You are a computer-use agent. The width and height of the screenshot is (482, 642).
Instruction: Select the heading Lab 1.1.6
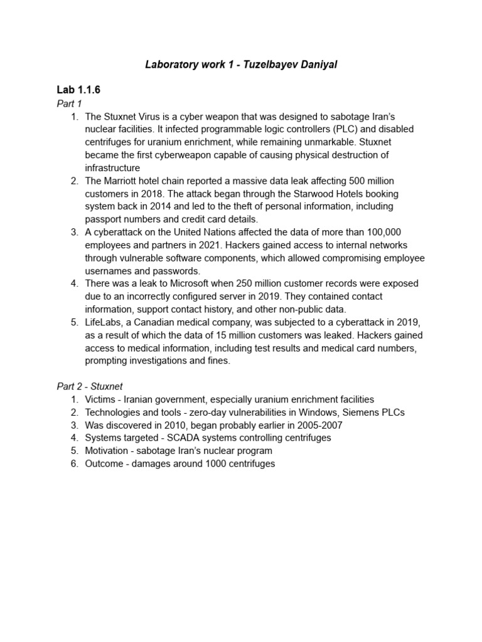[78, 90]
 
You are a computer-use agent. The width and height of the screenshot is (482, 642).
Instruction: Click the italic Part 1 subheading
[70, 103]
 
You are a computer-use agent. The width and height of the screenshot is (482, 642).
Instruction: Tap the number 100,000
[378, 232]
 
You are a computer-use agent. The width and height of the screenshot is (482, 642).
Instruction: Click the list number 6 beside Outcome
[74, 463]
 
